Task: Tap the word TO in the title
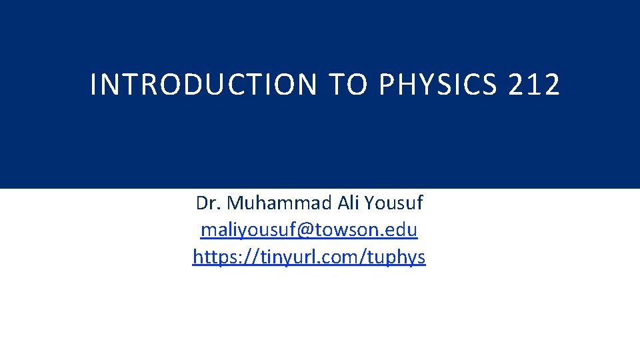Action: click(345, 85)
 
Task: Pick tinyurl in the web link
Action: click(275, 257)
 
